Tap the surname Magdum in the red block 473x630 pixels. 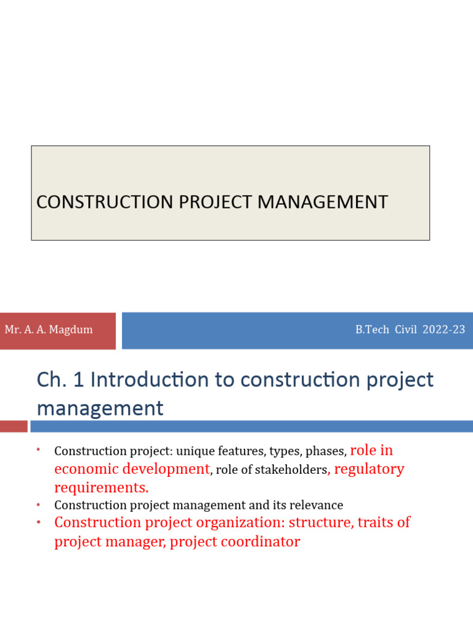point(73,330)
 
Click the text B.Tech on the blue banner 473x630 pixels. point(372,330)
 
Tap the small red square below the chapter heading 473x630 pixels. point(14,426)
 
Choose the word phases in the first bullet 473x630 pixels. point(327,452)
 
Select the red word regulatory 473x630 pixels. point(369,469)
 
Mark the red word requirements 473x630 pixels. point(101,488)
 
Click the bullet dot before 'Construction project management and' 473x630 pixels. point(38,505)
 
